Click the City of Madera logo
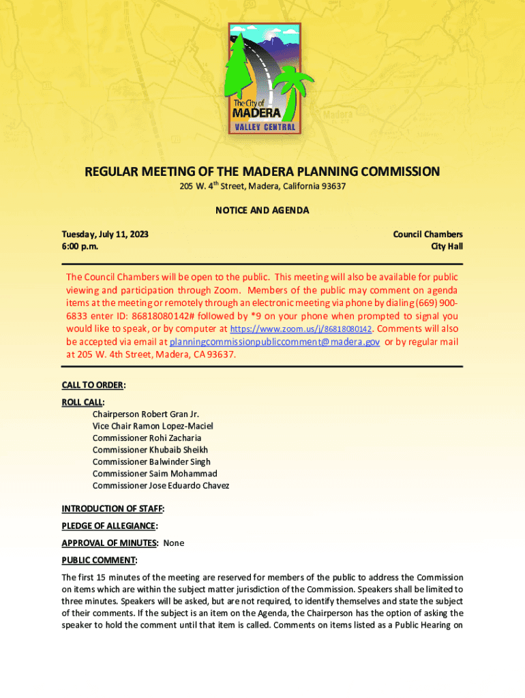pyautogui.click(x=263, y=79)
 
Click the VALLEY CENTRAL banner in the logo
pyautogui.click(x=265, y=127)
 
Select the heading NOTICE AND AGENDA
pyautogui.click(x=262, y=210)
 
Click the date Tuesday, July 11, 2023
pyautogui.click(x=105, y=234)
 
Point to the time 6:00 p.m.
pyautogui.click(x=80, y=246)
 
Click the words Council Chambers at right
pyautogui.click(x=427, y=234)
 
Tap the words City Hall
pyautogui.click(x=446, y=246)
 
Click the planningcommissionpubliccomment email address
pyautogui.click(x=275, y=342)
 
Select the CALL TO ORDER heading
pyautogui.click(x=93, y=385)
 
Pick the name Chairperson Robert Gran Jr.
pyautogui.click(x=146, y=414)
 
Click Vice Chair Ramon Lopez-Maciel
pyautogui.click(x=153, y=426)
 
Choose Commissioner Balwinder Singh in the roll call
pyautogui.click(x=151, y=462)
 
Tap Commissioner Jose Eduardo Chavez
pyautogui.click(x=161, y=486)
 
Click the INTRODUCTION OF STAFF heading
pyautogui.click(x=112, y=509)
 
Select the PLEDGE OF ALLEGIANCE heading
pyautogui.click(x=109, y=526)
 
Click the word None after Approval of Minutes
pyautogui.click(x=173, y=543)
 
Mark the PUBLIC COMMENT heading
pyautogui.click(x=98, y=560)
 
